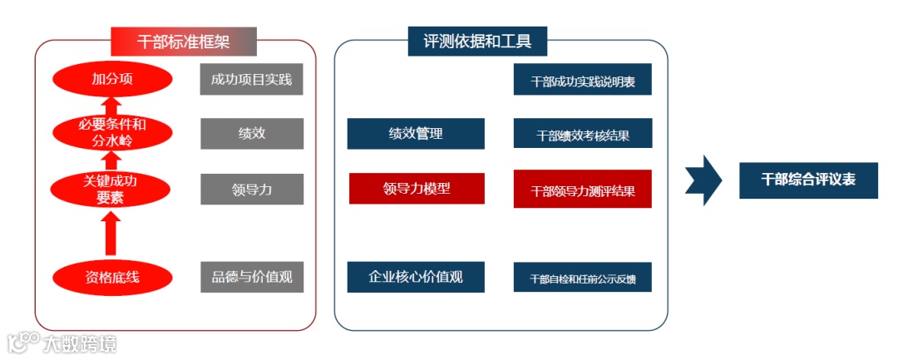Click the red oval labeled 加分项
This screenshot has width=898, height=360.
(x=112, y=80)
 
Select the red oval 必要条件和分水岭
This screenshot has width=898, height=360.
(x=112, y=133)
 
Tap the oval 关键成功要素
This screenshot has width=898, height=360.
(x=112, y=190)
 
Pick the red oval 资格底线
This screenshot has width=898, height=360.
(x=112, y=277)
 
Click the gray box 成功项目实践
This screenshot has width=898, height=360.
(x=251, y=80)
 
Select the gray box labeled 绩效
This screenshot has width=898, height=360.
(x=251, y=133)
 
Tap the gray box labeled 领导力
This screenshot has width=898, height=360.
(x=251, y=190)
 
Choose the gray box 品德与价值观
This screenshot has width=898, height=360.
(x=251, y=277)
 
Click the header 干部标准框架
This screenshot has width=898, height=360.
(x=184, y=41)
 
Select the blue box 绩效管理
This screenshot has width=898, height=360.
(x=416, y=133)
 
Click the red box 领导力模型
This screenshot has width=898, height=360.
(x=416, y=189)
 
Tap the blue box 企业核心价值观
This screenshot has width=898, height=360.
(x=416, y=277)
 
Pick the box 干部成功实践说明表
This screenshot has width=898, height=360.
(x=582, y=81)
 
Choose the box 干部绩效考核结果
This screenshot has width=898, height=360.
(x=582, y=135)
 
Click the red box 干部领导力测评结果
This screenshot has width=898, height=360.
(x=582, y=190)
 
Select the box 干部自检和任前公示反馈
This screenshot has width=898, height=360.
(x=582, y=278)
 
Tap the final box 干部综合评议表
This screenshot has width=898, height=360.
(x=808, y=180)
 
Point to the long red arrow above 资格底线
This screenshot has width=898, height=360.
(x=112, y=233)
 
